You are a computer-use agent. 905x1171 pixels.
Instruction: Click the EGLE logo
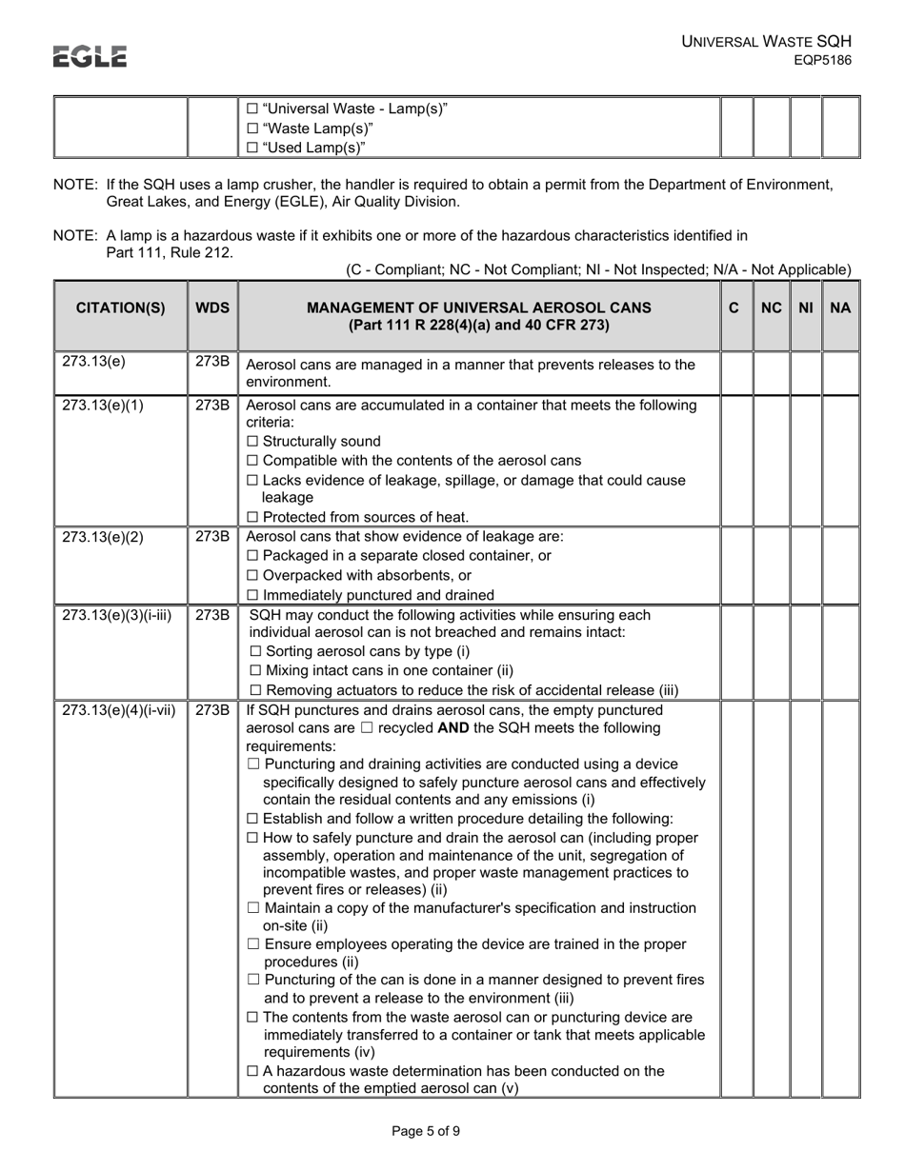pyautogui.click(x=90, y=57)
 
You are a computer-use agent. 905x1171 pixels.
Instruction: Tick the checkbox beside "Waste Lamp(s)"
pyautogui.click(x=252, y=129)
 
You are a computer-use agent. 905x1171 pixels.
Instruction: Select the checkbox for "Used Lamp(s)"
pyautogui.click(x=252, y=148)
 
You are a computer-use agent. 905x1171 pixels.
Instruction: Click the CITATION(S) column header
pyautogui.click(x=120, y=308)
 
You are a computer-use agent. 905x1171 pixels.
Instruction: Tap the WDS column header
pyautogui.click(x=212, y=308)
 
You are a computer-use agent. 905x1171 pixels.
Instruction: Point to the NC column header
pyautogui.click(x=772, y=308)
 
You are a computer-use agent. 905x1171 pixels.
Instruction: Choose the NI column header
pyautogui.click(x=806, y=308)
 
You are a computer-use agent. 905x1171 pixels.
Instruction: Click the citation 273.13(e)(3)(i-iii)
pyautogui.click(x=116, y=614)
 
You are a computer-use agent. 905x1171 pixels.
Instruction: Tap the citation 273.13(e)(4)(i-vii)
pyautogui.click(x=119, y=709)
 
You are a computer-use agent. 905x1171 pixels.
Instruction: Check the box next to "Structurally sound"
pyautogui.click(x=252, y=442)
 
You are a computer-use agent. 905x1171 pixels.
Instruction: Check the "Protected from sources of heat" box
pyautogui.click(x=252, y=517)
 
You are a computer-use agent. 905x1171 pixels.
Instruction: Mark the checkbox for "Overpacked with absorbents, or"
pyautogui.click(x=252, y=576)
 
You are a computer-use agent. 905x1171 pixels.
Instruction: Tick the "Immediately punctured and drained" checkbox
pyautogui.click(x=252, y=595)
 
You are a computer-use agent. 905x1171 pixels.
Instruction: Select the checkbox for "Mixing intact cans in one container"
pyautogui.click(x=252, y=671)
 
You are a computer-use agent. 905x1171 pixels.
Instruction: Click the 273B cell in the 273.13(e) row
pyautogui.click(x=212, y=362)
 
